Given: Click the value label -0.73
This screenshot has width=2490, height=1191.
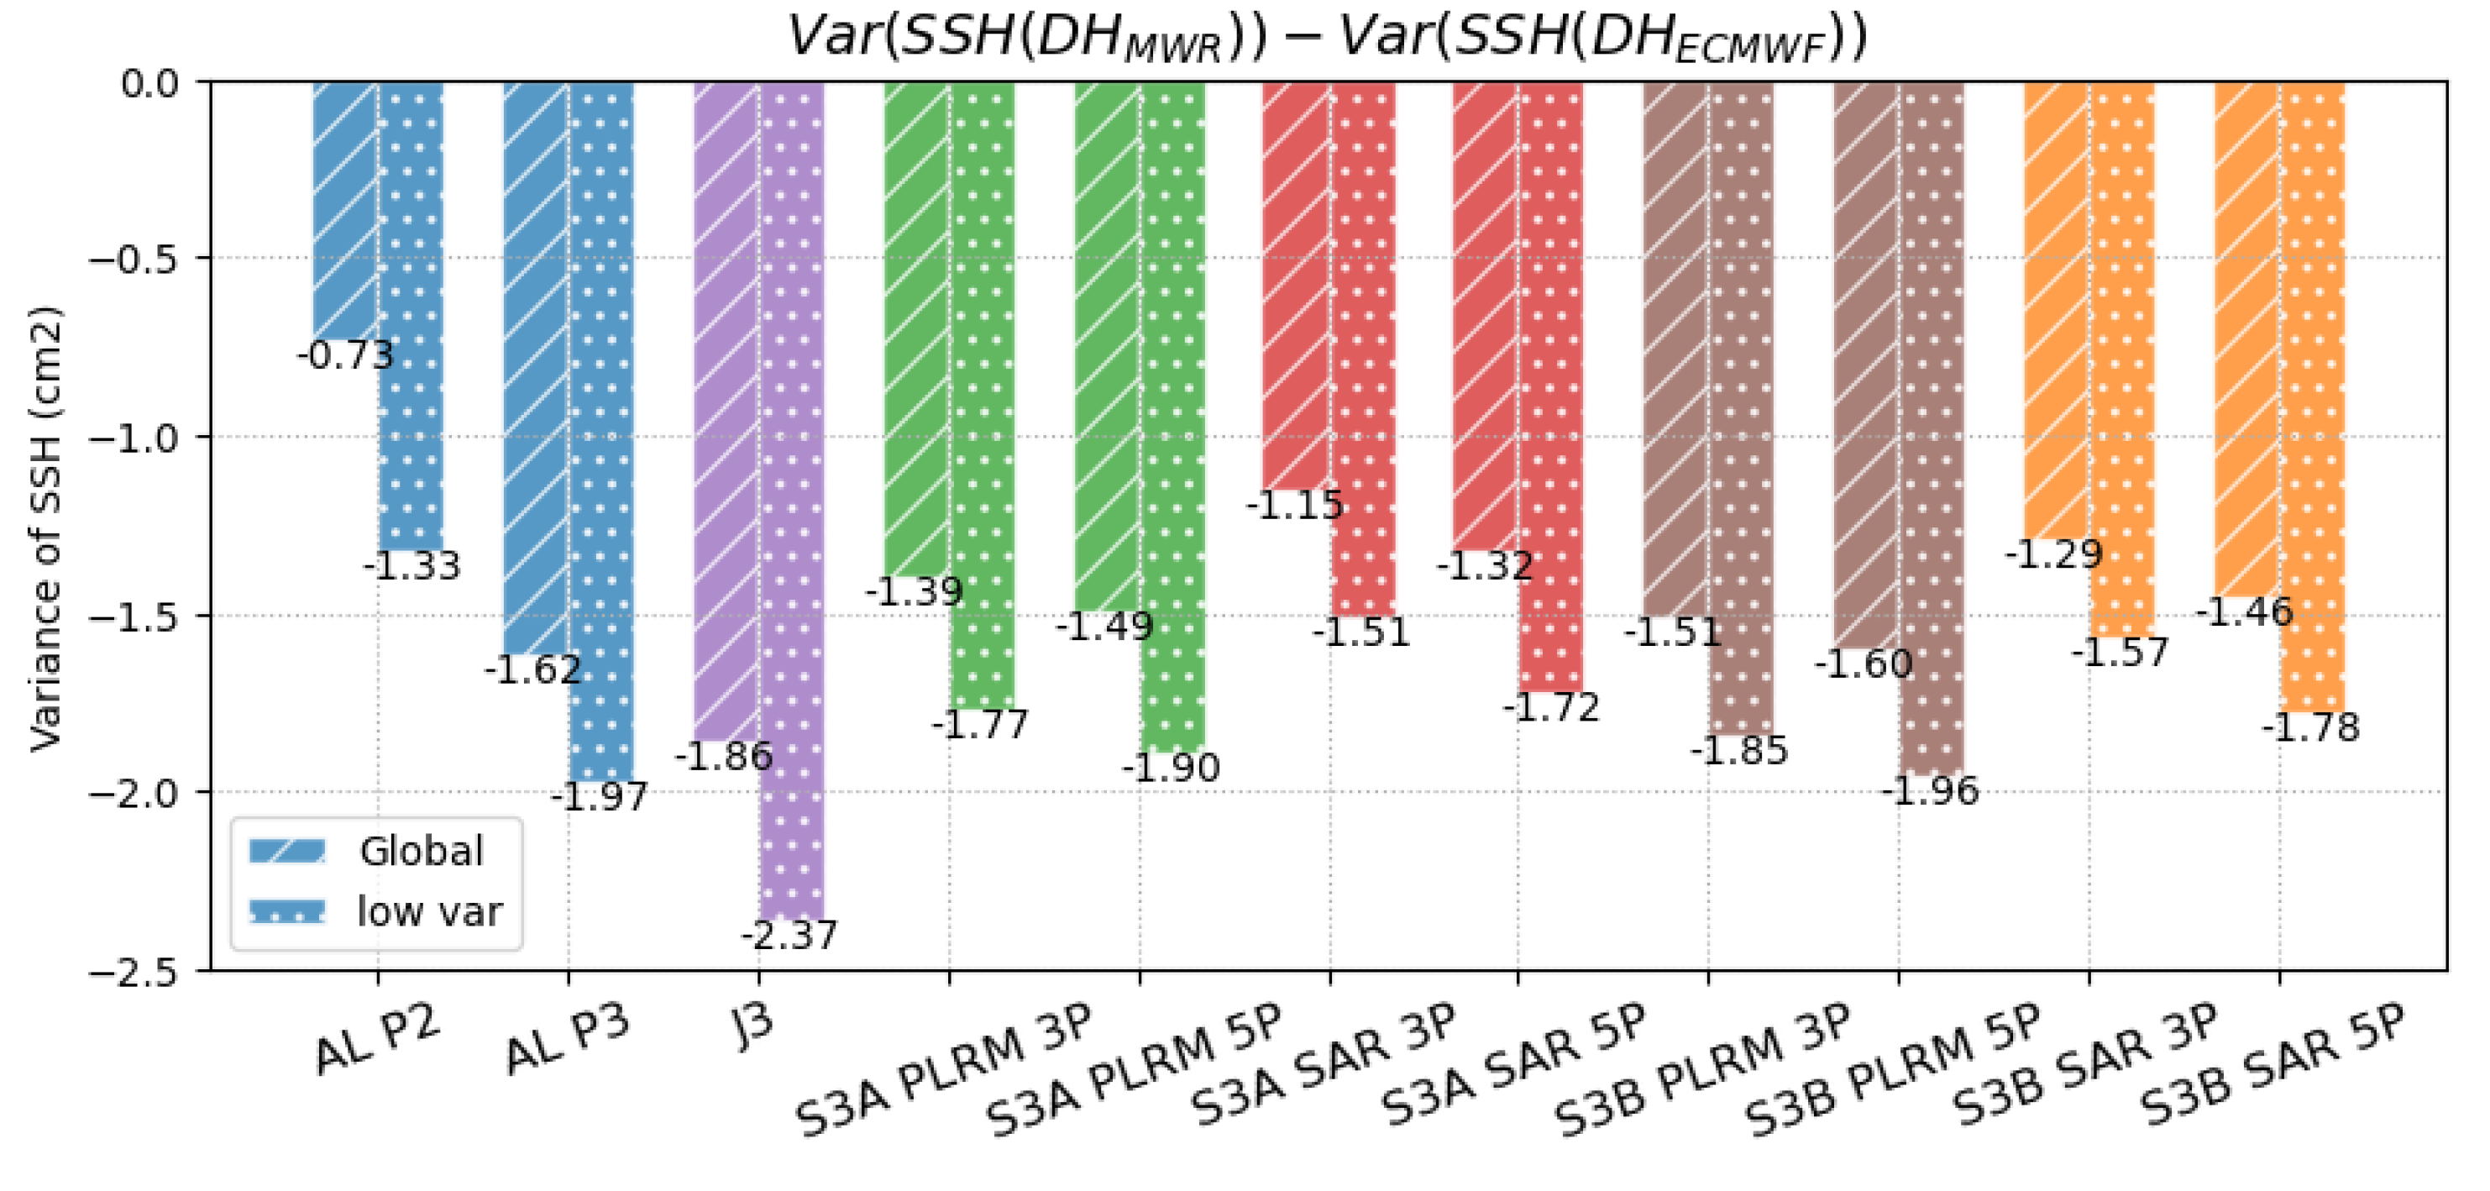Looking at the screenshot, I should (346, 356).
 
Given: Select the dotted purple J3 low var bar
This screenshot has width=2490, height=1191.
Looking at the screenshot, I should (793, 503).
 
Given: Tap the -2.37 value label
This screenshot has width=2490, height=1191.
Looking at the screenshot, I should (789, 935).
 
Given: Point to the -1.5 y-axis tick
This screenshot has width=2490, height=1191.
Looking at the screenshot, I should (134, 616).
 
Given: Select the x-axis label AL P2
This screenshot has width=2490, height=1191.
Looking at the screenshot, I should (377, 1040).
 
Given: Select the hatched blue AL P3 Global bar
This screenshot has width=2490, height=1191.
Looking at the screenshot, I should (536, 367).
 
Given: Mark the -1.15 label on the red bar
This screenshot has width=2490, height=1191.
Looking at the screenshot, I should (1295, 506).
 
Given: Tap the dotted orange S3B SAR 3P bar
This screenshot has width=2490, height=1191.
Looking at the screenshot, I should (2123, 358).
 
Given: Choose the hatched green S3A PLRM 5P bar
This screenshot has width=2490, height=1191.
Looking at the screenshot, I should (1107, 348).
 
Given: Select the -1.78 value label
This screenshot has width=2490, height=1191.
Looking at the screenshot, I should (2311, 727).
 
